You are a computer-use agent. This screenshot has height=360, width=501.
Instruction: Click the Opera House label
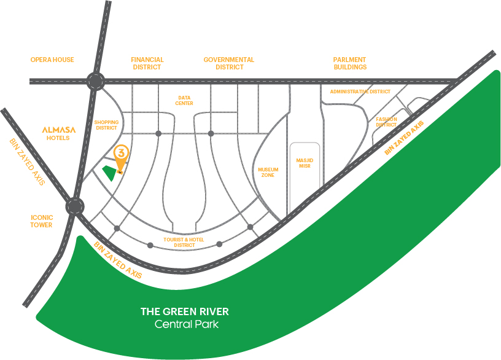(x=52, y=60)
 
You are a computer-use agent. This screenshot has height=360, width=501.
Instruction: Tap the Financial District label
(x=147, y=63)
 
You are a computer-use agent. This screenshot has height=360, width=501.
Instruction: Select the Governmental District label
(x=229, y=63)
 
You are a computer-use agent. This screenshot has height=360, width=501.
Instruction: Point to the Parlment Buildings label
(x=350, y=63)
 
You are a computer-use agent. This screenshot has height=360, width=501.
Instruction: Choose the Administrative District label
(x=360, y=92)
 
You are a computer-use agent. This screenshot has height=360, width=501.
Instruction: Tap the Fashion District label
(x=387, y=122)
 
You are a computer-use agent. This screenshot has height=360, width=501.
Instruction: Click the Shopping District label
(x=106, y=125)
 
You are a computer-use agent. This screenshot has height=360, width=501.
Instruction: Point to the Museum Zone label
(x=268, y=172)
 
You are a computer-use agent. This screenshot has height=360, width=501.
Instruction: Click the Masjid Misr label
(x=305, y=163)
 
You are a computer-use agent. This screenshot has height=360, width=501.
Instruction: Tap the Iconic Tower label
(x=42, y=221)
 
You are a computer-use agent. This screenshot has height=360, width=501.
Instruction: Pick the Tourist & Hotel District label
(x=184, y=242)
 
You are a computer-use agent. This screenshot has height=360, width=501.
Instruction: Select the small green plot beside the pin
(x=110, y=173)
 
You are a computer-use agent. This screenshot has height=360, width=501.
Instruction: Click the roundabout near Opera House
(x=96, y=81)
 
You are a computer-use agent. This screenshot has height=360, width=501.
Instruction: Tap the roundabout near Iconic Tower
(x=76, y=206)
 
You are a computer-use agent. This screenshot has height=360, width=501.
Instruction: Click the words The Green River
(x=185, y=311)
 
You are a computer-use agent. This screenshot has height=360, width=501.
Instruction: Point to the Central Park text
(x=186, y=324)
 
